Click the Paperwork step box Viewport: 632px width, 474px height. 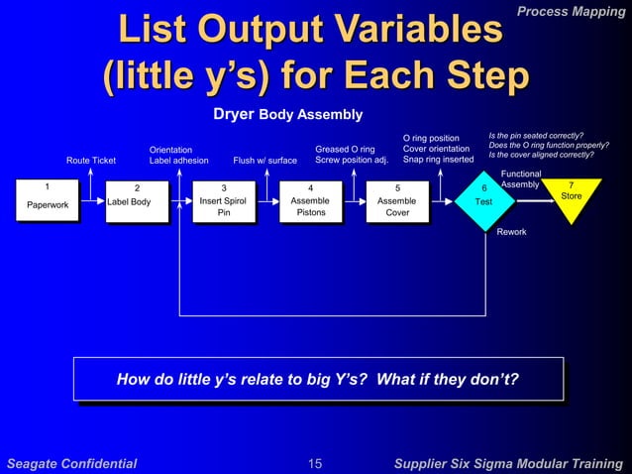coord(47,198)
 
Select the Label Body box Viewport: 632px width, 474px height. coord(136,201)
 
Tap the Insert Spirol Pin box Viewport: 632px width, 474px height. coord(223,201)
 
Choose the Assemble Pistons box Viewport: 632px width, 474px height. coord(310,201)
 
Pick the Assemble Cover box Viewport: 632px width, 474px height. coord(397,201)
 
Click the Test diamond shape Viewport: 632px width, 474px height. coord(484,199)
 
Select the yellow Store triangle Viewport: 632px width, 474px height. coord(572,194)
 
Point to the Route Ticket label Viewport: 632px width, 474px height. coord(91,160)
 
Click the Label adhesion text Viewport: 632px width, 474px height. coord(178,160)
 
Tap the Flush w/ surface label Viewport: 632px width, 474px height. coord(264,160)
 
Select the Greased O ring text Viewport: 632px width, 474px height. coord(344,150)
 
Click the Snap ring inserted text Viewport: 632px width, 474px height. coord(438,160)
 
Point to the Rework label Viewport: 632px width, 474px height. coord(511,232)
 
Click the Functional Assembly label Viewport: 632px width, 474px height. coord(521,178)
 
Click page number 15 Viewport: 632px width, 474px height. coord(315,463)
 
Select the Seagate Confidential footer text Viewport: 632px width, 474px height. coord(71,463)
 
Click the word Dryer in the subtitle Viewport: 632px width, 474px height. coord(235,114)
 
